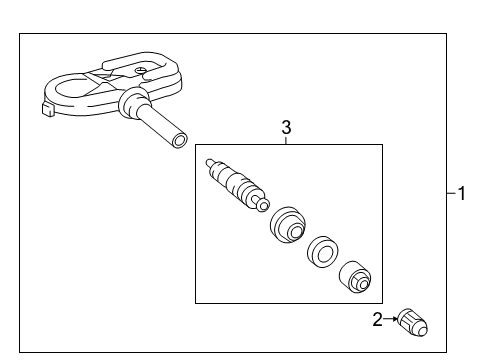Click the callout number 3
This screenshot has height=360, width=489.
286,127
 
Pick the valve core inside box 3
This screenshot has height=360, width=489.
237,184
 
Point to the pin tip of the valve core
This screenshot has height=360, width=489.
208,161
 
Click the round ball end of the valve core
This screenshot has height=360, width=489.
264,206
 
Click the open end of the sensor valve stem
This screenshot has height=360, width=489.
179,138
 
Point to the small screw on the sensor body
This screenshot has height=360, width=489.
143,70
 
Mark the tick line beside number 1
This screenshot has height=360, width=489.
450,194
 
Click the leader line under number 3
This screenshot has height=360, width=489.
286,140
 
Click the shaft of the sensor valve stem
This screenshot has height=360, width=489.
158,124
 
